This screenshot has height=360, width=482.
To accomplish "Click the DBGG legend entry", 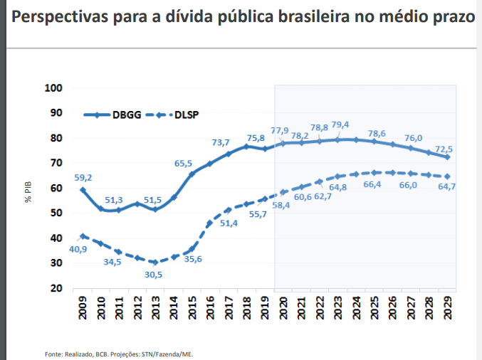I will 113,114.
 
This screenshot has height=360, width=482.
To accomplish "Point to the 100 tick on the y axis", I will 54,88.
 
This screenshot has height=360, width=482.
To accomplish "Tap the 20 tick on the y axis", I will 57,288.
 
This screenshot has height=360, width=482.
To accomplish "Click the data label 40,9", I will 78,249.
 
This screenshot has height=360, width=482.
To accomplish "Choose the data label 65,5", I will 184,163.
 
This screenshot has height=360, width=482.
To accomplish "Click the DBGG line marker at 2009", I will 83,190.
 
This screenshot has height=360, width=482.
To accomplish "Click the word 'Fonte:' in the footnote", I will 53,354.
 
